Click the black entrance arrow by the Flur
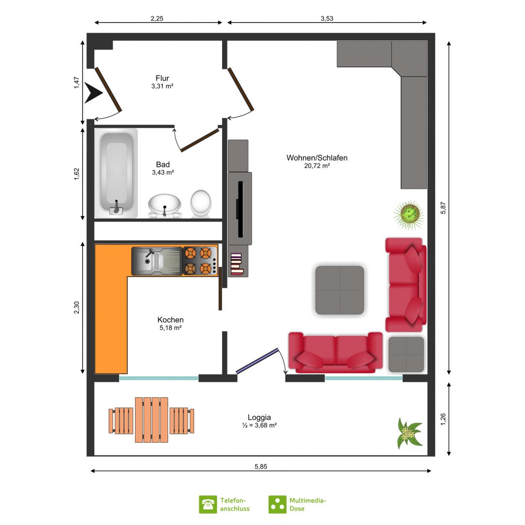[93, 93]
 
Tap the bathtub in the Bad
[116, 174]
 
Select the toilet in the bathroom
[201, 204]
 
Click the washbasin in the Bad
[165, 206]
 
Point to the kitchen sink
[157, 261]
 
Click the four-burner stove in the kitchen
[200, 261]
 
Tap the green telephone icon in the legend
[208, 504]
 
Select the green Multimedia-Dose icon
[277, 504]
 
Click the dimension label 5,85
[261, 466]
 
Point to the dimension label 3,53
[327, 18]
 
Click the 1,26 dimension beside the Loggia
[443, 420]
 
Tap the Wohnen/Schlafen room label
[317, 157]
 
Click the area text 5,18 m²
[171, 328]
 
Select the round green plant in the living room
[409, 215]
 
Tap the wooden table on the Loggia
[151, 420]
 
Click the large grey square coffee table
[339, 290]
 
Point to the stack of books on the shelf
[236, 264]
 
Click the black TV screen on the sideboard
[240, 209]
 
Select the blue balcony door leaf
[257, 361]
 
